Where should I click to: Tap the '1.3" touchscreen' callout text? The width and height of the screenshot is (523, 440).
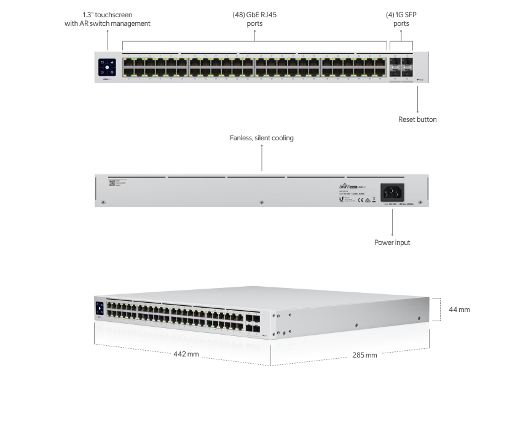pos(107,18)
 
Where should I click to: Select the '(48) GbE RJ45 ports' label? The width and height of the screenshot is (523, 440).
pos(254,18)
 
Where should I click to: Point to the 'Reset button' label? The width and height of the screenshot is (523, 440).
pos(417,119)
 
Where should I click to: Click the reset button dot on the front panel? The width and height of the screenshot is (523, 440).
pos(418,80)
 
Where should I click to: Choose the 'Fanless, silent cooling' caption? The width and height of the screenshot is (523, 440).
pos(262,138)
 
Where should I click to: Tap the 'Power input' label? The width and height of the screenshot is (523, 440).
pos(392,242)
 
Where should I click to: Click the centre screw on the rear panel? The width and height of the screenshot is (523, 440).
pos(262,202)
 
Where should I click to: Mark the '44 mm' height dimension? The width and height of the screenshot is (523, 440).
pos(459,310)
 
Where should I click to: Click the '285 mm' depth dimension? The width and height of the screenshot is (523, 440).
pos(364,354)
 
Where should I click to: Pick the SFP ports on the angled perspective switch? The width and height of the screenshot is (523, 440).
pos(252,324)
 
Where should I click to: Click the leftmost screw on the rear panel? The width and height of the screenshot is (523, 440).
pos(103,202)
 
